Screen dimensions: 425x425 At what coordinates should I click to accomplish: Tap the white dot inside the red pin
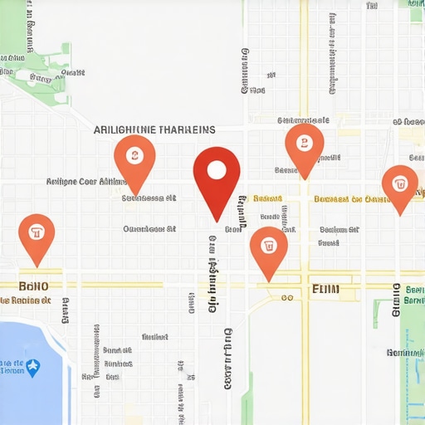pyautogui.click(x=217, y=170)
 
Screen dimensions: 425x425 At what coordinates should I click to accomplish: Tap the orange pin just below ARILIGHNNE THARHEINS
pyautogui.click(x=134, y=157)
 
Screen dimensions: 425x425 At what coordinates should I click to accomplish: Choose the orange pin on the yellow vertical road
pyautogui.click(x=304, y=145)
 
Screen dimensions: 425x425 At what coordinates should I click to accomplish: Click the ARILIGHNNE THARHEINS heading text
pyautogui.click(x=154, y=129)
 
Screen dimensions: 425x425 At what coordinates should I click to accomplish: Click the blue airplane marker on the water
pyautogui.click(x=33, y=366)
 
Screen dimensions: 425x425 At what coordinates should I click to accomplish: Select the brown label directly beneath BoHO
pyautogui.click(x=35, y=300)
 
